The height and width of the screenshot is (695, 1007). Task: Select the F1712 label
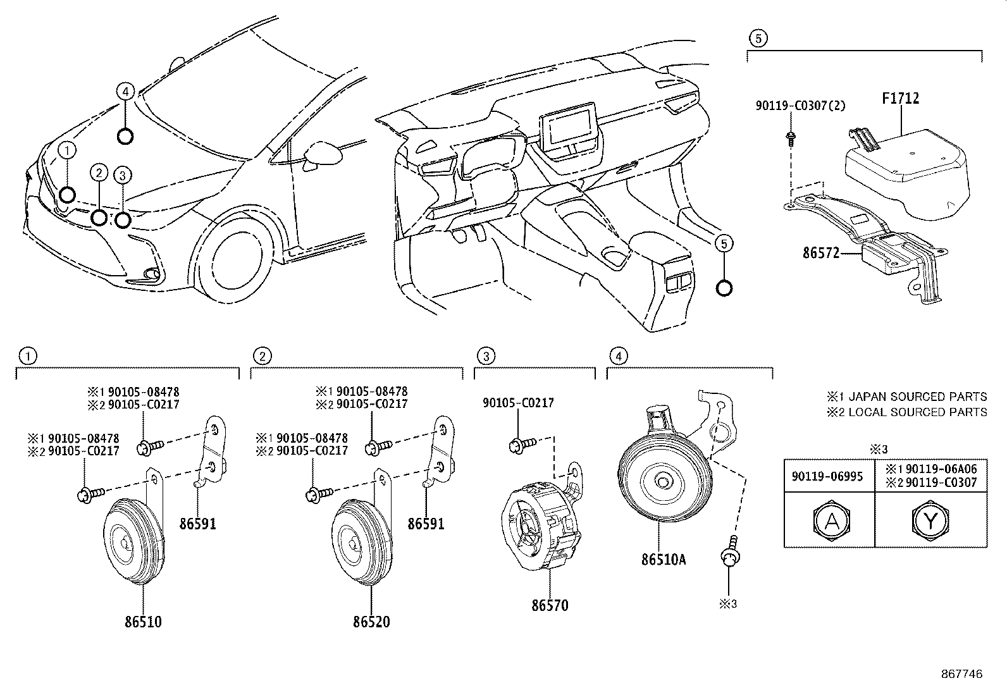tap(900, 99)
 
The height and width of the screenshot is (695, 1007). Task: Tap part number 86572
tap(821, 253)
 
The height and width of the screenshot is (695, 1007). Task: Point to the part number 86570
tap(550, 605)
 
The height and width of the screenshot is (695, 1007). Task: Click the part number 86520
tap(371, 622)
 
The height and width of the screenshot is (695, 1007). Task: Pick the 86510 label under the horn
tap(143, 622)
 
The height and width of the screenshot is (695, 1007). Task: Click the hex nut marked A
tap(829, 521)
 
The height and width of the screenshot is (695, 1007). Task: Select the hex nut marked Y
tap(930, 521)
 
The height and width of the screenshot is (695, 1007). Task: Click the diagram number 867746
tap(962, 674)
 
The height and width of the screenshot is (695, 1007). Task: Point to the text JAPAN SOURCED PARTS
tap(917, 397)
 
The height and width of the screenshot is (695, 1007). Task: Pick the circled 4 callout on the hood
tap(125, 92)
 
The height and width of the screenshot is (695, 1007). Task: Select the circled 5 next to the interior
tap(725, 242)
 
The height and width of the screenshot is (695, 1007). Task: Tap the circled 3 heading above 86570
tap(485, 356)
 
